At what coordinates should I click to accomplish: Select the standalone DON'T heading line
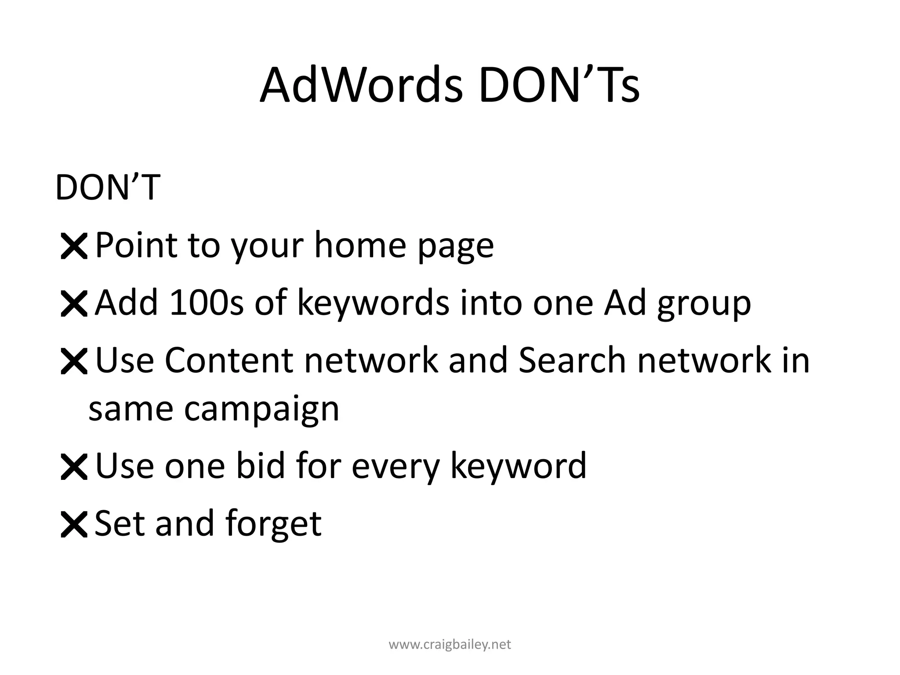tap(108, 188)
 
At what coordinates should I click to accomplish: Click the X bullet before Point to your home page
tap(74, 247)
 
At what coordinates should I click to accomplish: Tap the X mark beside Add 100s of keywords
tap(74, 304)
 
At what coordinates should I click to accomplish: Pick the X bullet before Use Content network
tap(74, 362)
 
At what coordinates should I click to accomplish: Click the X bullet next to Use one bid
tap(74, 467)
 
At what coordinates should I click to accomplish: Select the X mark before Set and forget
tap(74, 524)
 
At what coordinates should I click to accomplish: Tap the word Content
tap(229, 360)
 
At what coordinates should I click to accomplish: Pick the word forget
tap(273, 524)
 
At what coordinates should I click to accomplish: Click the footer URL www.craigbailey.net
tap(450, 645)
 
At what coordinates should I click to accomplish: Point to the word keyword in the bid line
tap(519, 466)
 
